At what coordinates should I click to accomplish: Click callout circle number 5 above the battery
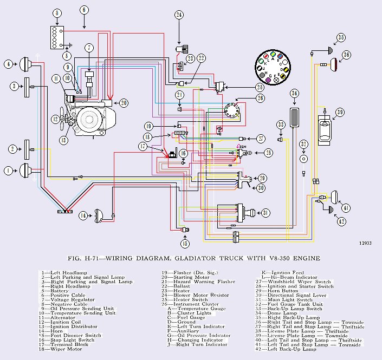pyautogui.click(x=57, y=12)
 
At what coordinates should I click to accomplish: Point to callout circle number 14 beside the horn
pyautogui.click(x=83, y=215)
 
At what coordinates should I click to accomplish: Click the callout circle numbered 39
pyautogui.click(x=340, y=112)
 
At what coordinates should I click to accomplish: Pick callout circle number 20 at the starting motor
pyautogui.click(x=124, y=103)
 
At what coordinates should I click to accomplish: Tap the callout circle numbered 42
pyautogui.click(x=341, y=221)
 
